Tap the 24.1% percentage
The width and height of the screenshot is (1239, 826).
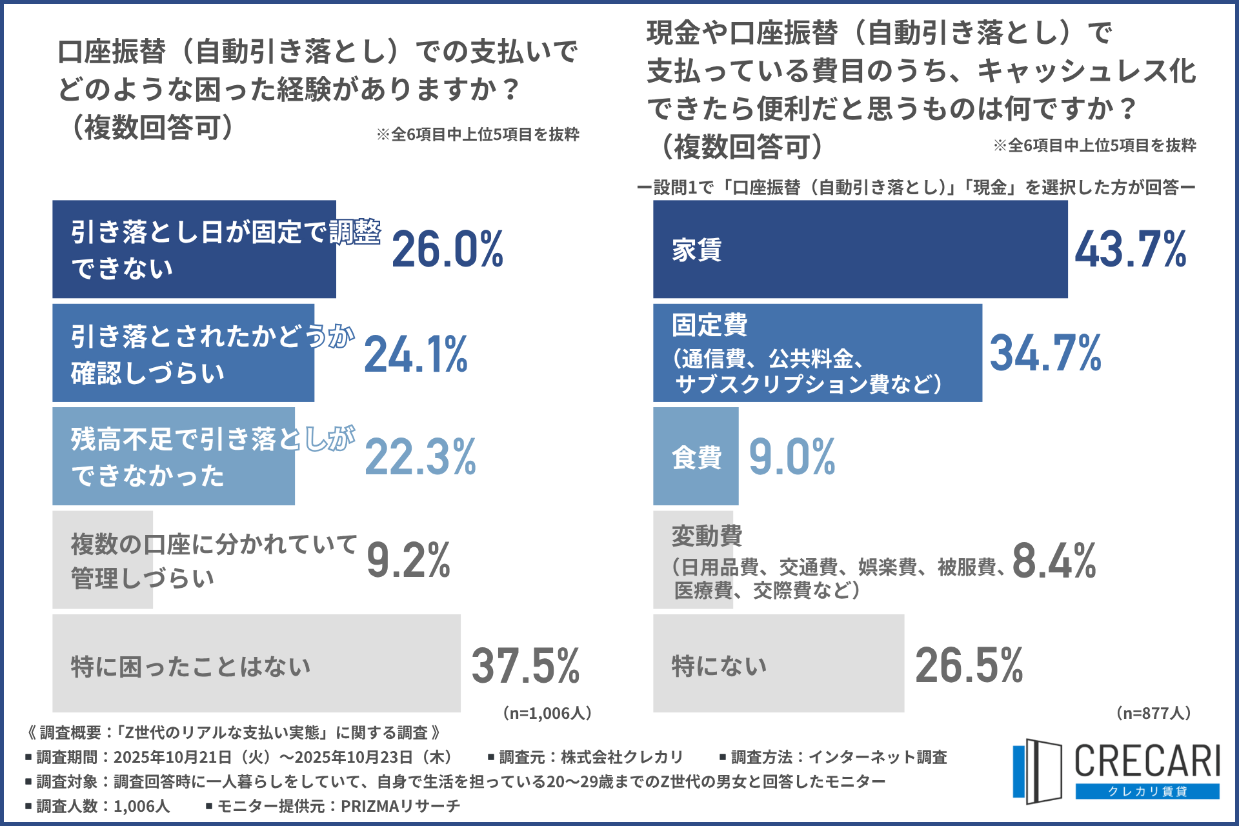[x=416, y=354]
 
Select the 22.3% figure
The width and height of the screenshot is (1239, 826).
[x=420, y=457]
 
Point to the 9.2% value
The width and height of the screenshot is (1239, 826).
[x=408, y=559]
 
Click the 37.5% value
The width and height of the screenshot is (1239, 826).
[x=525, y=665]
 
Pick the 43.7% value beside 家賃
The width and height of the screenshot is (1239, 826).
[x=1130, y=249]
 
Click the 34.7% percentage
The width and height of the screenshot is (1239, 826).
[x=1045, y=353]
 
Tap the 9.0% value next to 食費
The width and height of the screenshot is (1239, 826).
[x=792, y=457]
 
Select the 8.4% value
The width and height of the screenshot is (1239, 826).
[x=1054, y=559]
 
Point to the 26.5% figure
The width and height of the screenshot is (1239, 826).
[x=969, y=665]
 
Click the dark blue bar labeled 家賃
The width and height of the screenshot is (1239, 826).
[x=860, y=249]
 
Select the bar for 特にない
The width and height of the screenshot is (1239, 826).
[x=778, y=663]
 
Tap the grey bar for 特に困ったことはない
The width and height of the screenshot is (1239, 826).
[x=256, y=663]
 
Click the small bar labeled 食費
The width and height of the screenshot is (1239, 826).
[x=695, y=456]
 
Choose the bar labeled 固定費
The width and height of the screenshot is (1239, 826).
[x=817, y=353]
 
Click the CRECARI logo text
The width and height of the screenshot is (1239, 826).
[x=1147, y=761]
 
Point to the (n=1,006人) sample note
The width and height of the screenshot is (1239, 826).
[x=547, y=713]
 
